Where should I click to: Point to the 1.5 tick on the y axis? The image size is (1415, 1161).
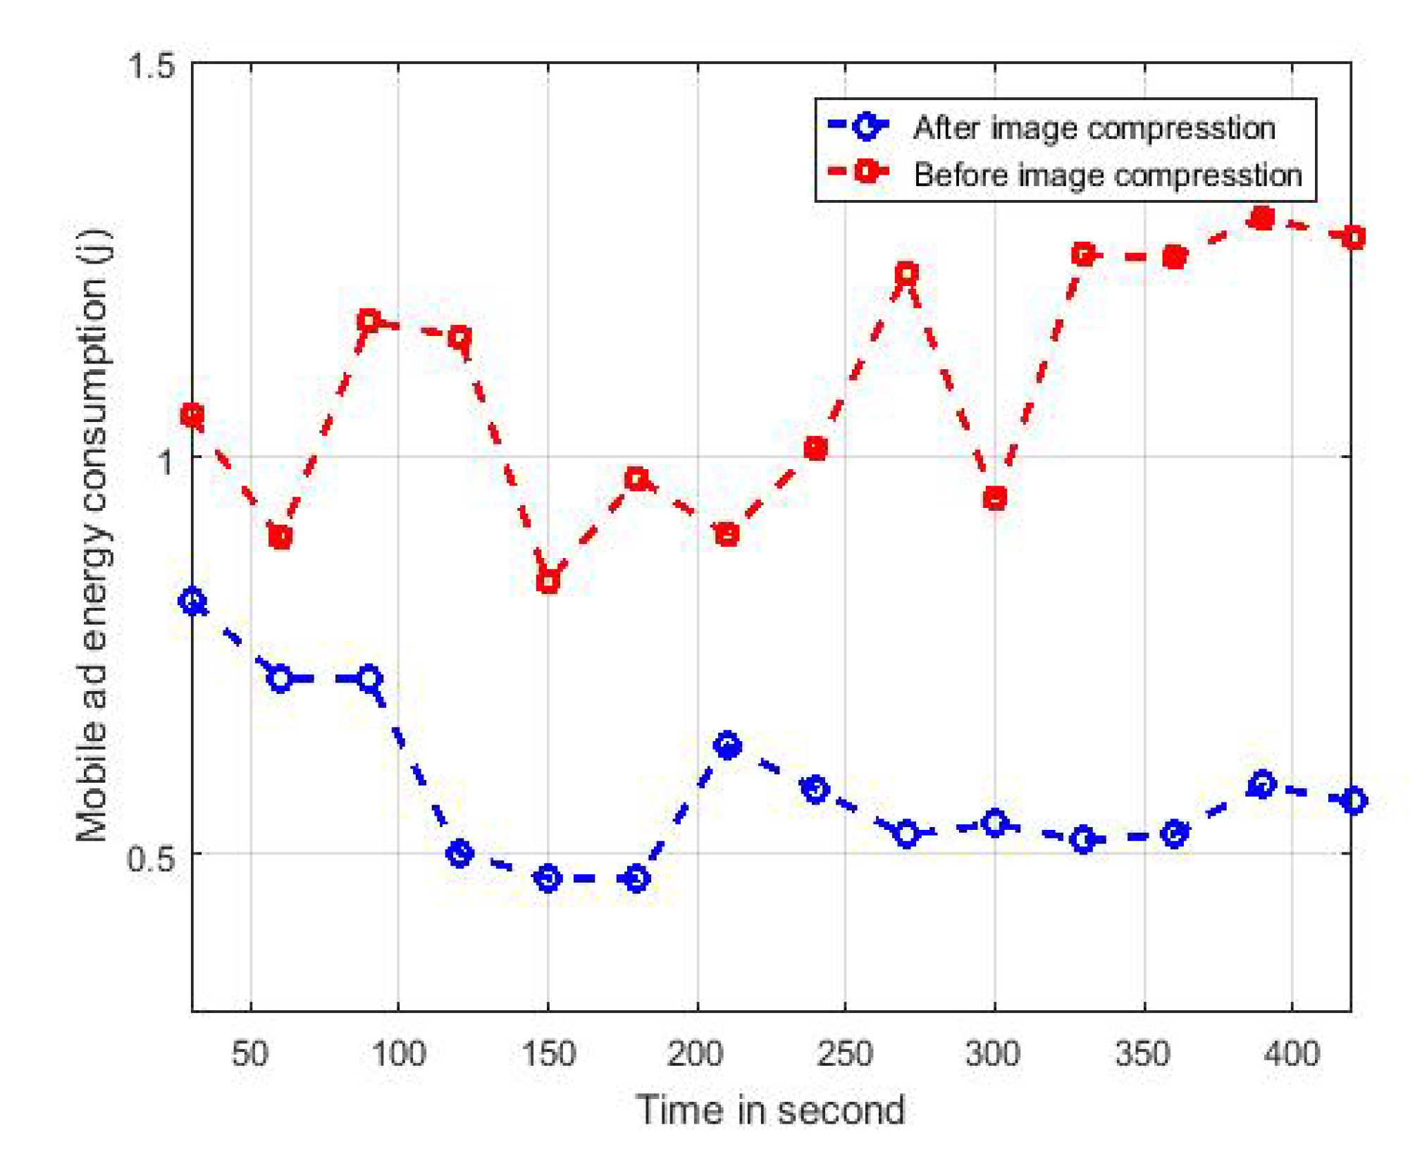click(x=150, y=66)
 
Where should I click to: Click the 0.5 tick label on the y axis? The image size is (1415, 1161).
click(x=150, y=858)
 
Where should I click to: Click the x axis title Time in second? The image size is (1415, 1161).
click(x=770, y=1110)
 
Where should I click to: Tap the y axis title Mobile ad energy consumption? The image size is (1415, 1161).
click(x=93, y=535)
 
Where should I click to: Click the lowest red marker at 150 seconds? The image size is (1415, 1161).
click(x=548, y=581)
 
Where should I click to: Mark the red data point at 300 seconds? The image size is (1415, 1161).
click(x=994, y=499)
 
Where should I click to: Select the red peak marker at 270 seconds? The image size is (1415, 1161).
click(x=906, y=273)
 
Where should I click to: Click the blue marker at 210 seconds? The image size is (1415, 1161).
click(x=727, y=745)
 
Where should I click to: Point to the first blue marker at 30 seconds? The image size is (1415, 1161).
click(x=192, y=601)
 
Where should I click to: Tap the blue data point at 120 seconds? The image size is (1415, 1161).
click(x=459, y=853)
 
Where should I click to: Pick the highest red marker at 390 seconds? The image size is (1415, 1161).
click(x=1261, y=218)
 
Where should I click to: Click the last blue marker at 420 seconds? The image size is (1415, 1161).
click(x=1353, y=800)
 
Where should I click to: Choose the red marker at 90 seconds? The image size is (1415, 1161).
click(x=369, y=321)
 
